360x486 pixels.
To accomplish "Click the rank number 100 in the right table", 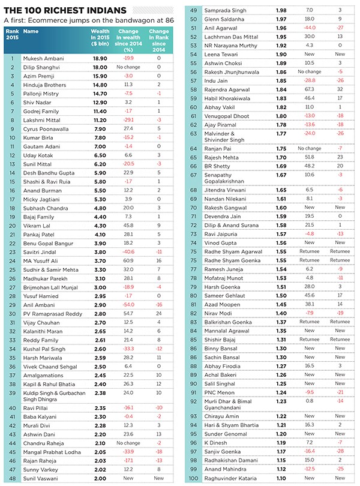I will (194, 478).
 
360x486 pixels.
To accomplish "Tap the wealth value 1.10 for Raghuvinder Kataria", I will (281, 478).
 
